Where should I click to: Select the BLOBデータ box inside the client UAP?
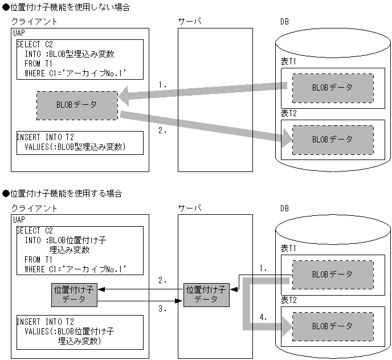(77, 105)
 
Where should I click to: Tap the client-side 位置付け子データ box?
(73, 294)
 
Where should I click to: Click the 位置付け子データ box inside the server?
(206, 294)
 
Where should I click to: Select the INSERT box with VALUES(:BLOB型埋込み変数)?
(79, 142)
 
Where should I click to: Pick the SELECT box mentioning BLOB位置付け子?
(79, 249)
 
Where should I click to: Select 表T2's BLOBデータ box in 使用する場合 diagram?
(333, 326)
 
